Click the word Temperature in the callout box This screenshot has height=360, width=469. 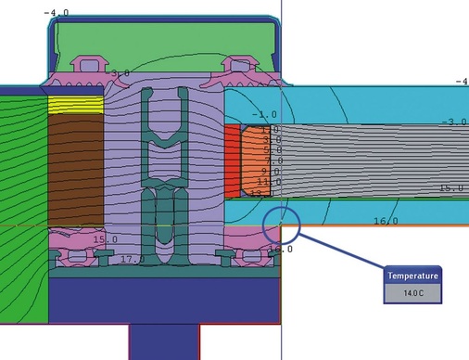(412, 276)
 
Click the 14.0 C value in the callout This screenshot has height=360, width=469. (412, 294)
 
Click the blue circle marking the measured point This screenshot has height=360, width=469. (281, 225)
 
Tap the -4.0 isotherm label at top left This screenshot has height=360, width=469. (57, 13)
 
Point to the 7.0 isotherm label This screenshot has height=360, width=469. (271, 161)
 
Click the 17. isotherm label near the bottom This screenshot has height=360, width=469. (132, 259)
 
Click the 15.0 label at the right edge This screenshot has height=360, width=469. (450, 188)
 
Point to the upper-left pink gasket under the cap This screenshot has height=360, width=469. (93, 66)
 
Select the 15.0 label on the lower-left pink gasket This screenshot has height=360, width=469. (105, 239)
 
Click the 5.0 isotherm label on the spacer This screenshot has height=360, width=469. (272, 149)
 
